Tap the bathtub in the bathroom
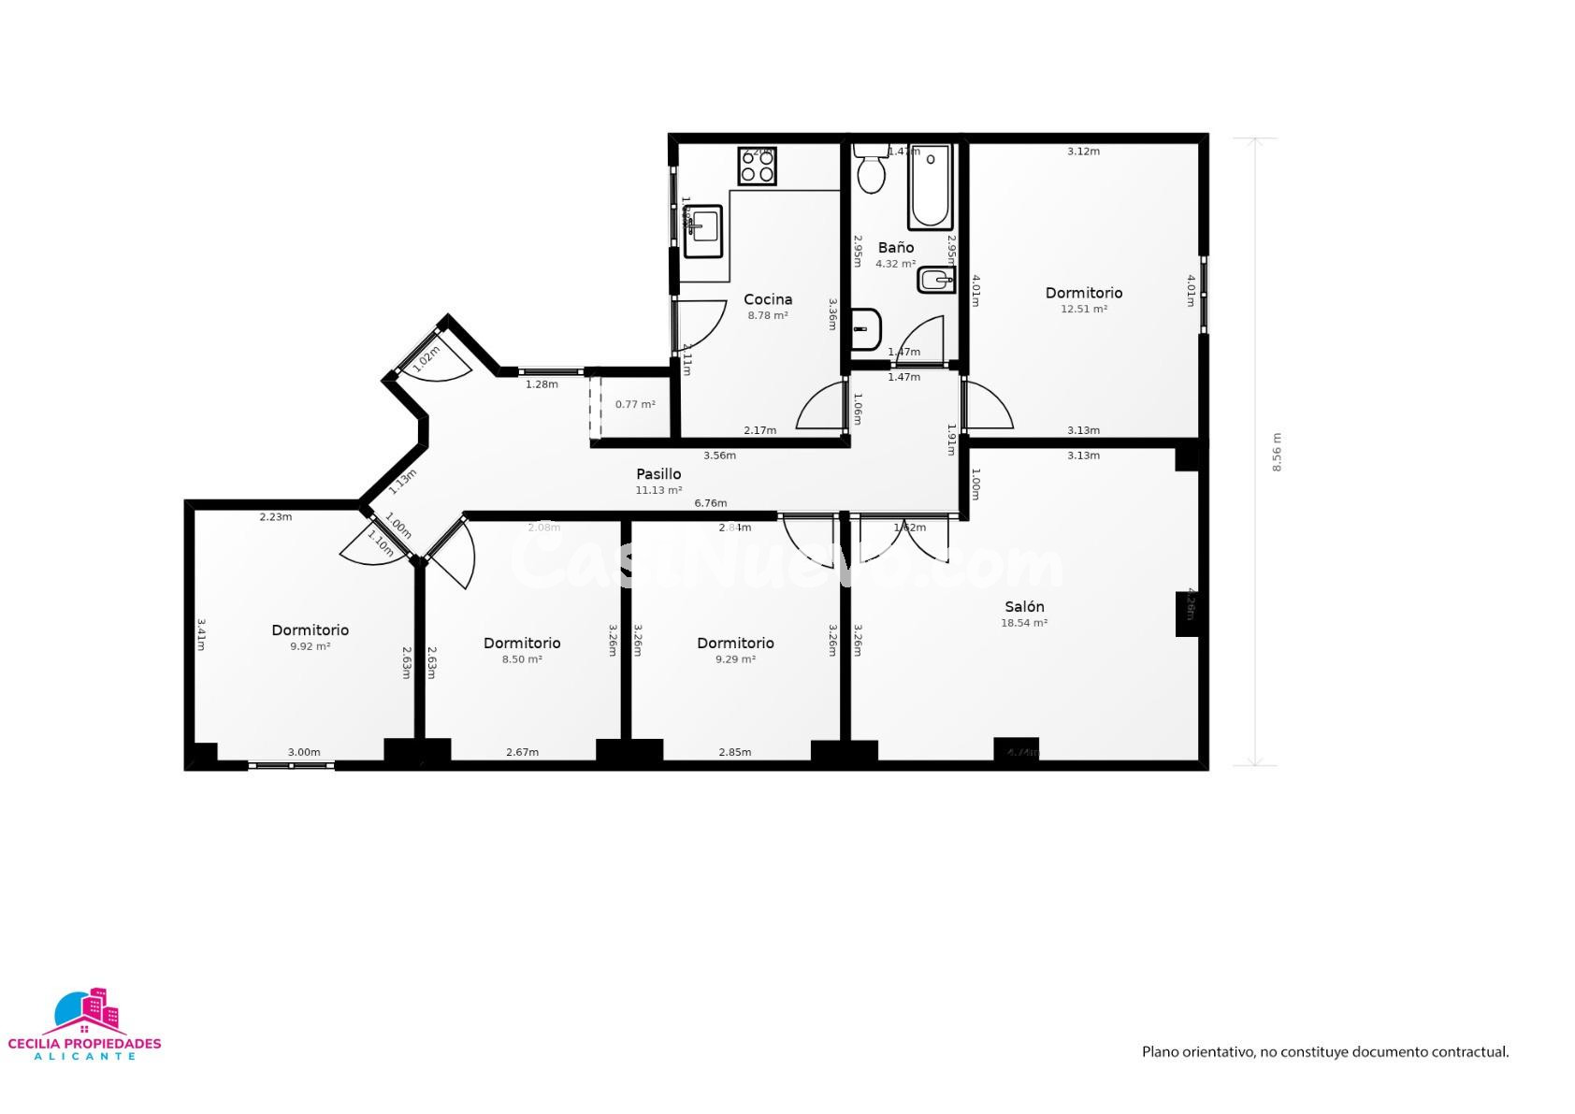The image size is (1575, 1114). (x=931, y=187)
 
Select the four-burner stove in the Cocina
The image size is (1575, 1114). (x=758, y=166)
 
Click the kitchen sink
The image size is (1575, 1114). (x=703, y=231)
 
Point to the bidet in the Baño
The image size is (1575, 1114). (x=935, y=280)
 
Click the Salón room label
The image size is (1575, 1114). (x=1024, y=607)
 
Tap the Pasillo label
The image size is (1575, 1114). (x=658, y=474)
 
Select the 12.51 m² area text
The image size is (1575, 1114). (x=1084, y=310)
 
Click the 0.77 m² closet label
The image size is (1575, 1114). (x=635, y=405)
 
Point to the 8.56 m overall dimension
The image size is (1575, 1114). (x=1277, y=452)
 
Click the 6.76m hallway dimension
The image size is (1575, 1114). (x=710, y=503)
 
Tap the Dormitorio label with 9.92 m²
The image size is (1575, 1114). (x=311, y=630)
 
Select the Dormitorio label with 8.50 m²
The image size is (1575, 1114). (x=522, y=644)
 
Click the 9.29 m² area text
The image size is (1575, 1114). (x=735, y=659)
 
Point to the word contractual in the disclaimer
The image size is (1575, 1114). (x=1468, y=1052)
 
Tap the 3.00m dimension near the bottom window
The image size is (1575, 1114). (x=304, y=752)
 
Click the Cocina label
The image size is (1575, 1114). (x=768, y=299)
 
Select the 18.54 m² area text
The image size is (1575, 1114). (x=1024, y=623)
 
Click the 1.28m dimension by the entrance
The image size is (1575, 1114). (x=542, y=384)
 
